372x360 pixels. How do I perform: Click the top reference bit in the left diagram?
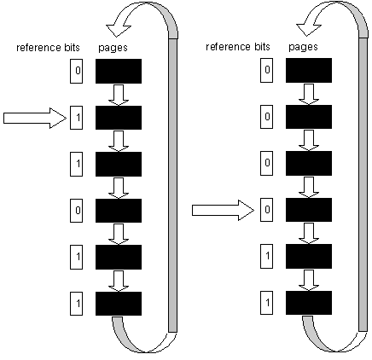pyautogui.click(x=77, y=71)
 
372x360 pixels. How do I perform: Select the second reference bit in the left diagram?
pyautogui.click(x=77, y=118)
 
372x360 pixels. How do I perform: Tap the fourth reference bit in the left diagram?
pyautogui.click(x=77, y=211)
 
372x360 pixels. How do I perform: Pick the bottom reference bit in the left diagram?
pyautogui.click(x=77, y=304)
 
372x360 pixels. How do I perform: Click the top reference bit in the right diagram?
pyautogui.click(x=267, y=70)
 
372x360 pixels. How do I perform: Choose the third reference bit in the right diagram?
pyautogui.click(x=267, y=163)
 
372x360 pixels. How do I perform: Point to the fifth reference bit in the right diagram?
pyautogui.click(x=267, y=256)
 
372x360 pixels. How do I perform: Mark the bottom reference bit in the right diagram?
pyautogui.click(x=267, y=303)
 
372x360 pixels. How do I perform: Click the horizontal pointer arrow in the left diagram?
pyautogui.click(x=35, y=118)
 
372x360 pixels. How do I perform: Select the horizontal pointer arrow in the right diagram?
pyautogui.click(x=223, y=211)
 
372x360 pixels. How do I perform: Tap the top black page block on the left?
pyautogui.click(x=119, y=71)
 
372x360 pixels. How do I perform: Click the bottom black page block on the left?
pyautogui.click(x=119, y=304)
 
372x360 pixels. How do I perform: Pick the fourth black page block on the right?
pyautogui.click(x=309, y=210)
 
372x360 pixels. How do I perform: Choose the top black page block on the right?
pyautogui.click(x=309, y=70)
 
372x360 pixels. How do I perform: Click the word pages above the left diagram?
pyautogui.click(x=113, y=48)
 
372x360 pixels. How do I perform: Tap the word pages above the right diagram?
pyautogui.click(x=303, y=47)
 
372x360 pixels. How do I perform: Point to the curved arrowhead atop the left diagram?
pyautogui.click(x=118, y=28)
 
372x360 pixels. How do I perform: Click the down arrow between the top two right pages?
pyautogui.click(x=309, y=94)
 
